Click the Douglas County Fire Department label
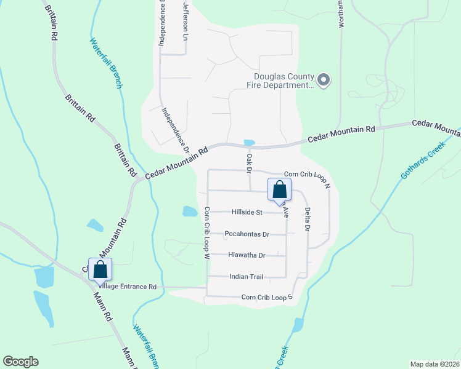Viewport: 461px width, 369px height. click(x=280, y=81)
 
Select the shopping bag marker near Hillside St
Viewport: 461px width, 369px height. click(x=279, y=191)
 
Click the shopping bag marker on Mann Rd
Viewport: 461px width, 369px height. click(x=100, y=269)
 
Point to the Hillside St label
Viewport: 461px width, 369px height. click(x=247, y=212)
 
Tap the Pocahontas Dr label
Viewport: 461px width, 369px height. click(x=247, y=234)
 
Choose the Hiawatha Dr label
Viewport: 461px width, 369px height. click(x=247, y=255)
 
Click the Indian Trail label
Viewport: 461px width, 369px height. click(x=246, y=277)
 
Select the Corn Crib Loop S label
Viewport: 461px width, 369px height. click(x=266, y=297)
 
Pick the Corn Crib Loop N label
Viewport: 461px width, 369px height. click(x=308, y=175)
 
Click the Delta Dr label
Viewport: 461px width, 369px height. click(x=306, y=219)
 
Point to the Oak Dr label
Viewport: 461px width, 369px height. click(x=250, y=163)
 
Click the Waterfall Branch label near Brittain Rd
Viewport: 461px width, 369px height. click(x=107, y=63)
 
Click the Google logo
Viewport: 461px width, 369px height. click(x=20, y=362)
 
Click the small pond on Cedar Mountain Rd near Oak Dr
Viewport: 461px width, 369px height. click(x=249, y=143)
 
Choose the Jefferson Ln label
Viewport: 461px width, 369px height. click(x=186, y=20)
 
